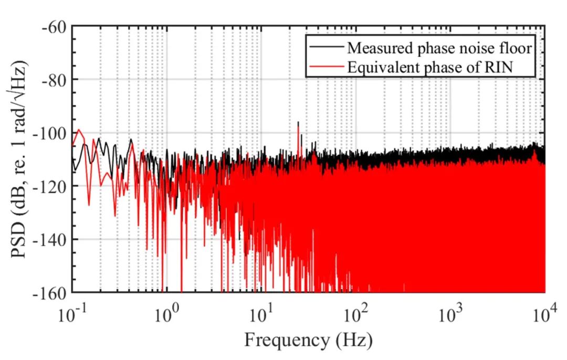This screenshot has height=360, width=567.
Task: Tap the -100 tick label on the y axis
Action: [51, 133]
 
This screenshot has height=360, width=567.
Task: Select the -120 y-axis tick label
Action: [51, 186]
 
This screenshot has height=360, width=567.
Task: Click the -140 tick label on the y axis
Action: [51, 239]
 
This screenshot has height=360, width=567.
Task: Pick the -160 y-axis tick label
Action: [51, 292]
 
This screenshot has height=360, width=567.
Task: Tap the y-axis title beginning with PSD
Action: [22, 159]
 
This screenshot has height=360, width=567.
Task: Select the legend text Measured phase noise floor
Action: [439, 48]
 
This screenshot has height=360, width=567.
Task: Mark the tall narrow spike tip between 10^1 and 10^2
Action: [298, 122]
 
